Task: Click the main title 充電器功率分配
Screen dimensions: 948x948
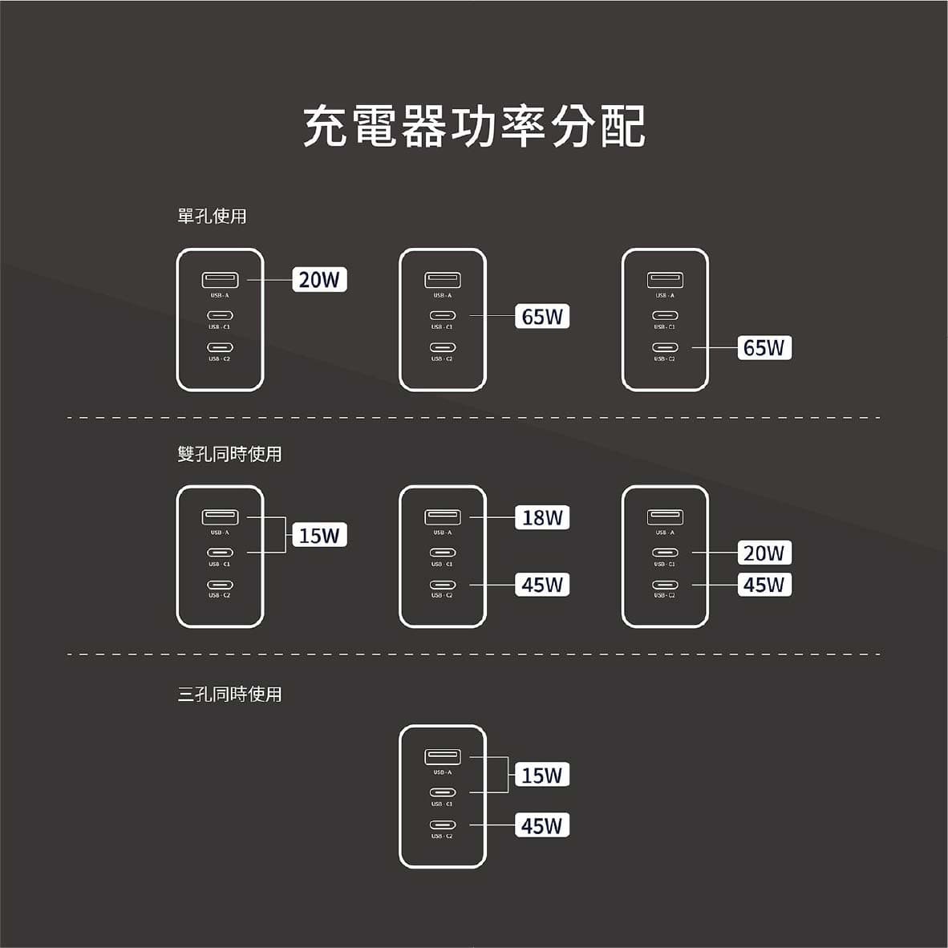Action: tap(474, 127)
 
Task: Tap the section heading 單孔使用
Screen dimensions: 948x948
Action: tap(212, 216)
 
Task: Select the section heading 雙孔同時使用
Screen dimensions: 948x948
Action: tap(229, 454)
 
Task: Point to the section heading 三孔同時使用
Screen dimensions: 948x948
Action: tap(229, 694)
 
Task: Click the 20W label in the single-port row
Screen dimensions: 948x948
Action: tap(319, 280)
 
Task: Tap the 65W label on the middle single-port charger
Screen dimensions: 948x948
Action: tap(542, 317)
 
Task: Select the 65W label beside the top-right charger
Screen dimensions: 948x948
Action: tap(764, 347)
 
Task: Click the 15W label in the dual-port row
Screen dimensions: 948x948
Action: tap(319, 535)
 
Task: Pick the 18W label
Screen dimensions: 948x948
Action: tap(542, 517)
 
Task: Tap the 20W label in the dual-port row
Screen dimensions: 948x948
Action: tap(764, 553)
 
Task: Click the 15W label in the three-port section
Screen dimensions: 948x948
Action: tap(542, 775)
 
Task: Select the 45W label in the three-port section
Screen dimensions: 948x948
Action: tap(542, 825)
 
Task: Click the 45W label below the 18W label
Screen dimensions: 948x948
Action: tap(542, 585)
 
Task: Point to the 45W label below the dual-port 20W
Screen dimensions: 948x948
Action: tap(764, 585)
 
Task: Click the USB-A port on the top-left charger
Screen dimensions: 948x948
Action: tap(220, 280)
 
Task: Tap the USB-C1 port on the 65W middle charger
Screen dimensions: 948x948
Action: tap(443, 316)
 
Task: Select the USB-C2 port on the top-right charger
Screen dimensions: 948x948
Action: tap(665, 348)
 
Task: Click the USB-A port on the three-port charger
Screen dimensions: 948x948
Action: tap(443, 756)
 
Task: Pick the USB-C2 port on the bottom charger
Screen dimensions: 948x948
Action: tap(443, 825)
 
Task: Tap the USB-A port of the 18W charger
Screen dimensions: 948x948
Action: tap(443, 517)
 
